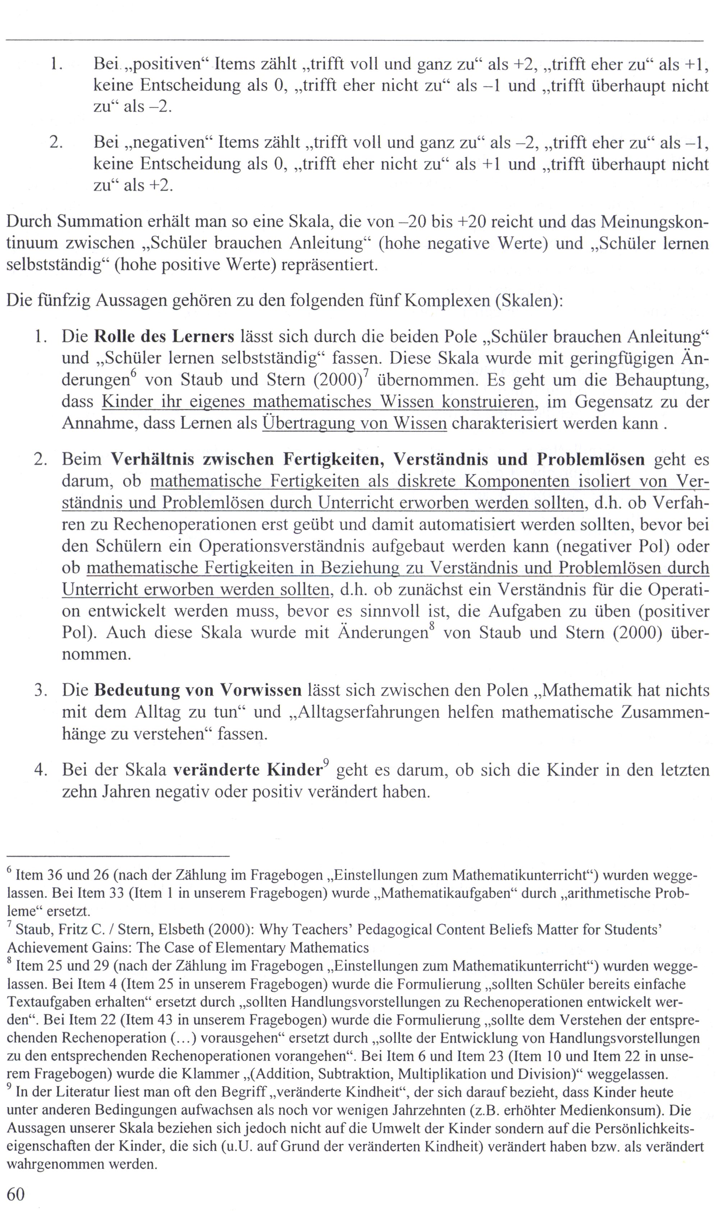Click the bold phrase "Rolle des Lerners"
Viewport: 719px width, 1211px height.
pyautogui.click(x=164, y=336)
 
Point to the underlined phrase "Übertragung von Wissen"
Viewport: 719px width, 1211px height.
pyautogui.click(x=354, y=423)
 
